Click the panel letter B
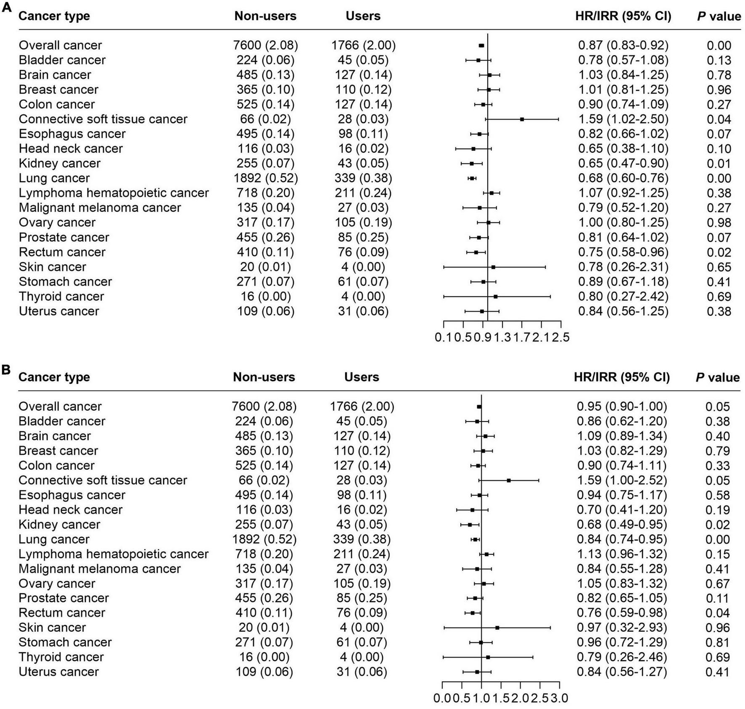[x=6, y=369]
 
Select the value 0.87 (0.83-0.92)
[x=623, y=45]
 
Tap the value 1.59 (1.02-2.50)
[x=623, y=119]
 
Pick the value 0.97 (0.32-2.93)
[x=621, y=627]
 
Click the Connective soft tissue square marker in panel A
[x=522, y=119]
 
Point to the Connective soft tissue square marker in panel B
[x=509, y=480]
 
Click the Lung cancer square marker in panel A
[x=472, y=179]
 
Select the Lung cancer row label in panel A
[x=54, y=178]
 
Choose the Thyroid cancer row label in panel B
[x=61, y=657]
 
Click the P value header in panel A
[x=719, y=16]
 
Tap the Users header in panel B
[x=362, y=377]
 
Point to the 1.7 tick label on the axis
[x=522, y=337]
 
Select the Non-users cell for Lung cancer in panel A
[x=266, y=178]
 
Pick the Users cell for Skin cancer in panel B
[x=362, y=627]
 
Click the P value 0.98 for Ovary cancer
[x=719, y=223]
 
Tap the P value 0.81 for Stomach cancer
[x=717, y=643]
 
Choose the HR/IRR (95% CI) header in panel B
[x=621, y=377]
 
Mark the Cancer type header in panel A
[x=54, y=16]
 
